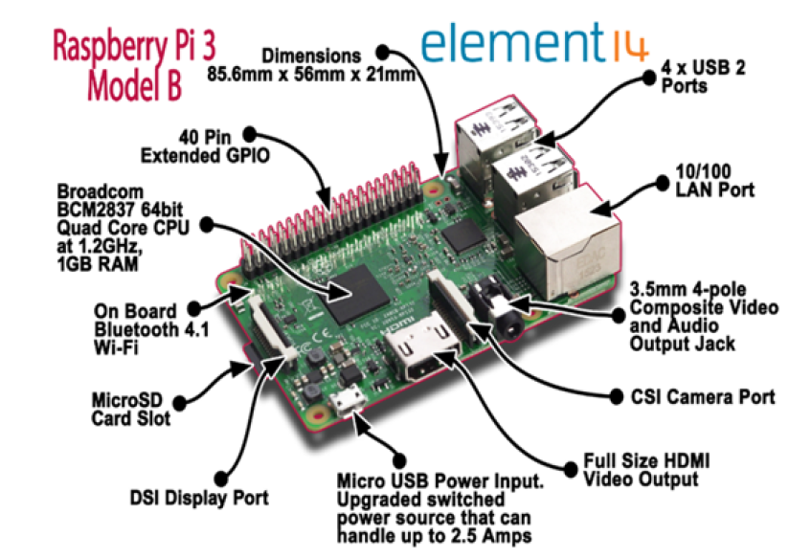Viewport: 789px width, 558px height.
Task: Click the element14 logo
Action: (x=534, y=43)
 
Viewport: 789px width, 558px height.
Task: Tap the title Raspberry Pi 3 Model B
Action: (x=134, y=65)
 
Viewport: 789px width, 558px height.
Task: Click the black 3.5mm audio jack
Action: (x=498, y=311)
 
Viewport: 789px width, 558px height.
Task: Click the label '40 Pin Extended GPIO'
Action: (x=205, y=146)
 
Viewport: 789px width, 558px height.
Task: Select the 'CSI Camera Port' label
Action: (x=703, y=397)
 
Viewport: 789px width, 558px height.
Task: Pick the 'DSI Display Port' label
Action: (x=199, y=498)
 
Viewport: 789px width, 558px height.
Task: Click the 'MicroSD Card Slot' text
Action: (x=131, y=409)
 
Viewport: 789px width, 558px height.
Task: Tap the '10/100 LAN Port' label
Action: (x=715, y=181)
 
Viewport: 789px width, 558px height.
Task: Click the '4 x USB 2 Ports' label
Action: (x=704, y=76)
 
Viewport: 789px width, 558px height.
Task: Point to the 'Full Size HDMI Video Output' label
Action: (x=646, y=470)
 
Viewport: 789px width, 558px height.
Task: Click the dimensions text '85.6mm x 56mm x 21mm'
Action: (x=311, y=75)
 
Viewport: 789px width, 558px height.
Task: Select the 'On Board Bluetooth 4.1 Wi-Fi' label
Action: (x=151, y=329)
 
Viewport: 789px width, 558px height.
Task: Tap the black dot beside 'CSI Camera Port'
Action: (x=617, y=397)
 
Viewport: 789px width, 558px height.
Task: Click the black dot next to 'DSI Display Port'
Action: (x=221, y=479)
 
